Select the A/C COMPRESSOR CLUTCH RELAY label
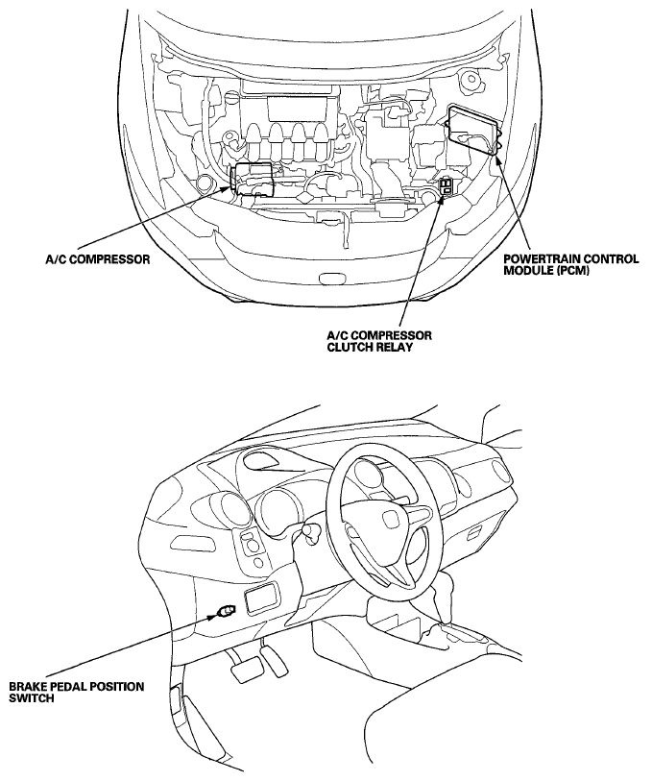[379, 340]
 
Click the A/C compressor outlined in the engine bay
[253, 179]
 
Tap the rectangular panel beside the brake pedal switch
[261, 601]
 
